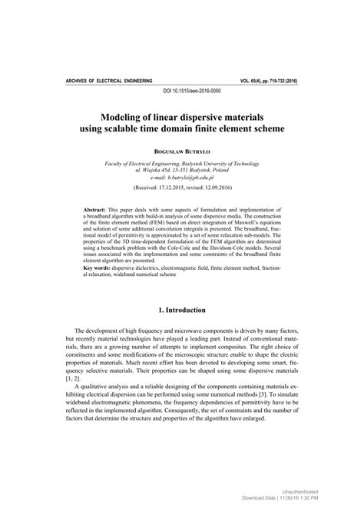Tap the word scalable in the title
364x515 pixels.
(x=144, y=128)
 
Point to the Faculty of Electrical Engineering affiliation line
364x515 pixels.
(x=182, y=164)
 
